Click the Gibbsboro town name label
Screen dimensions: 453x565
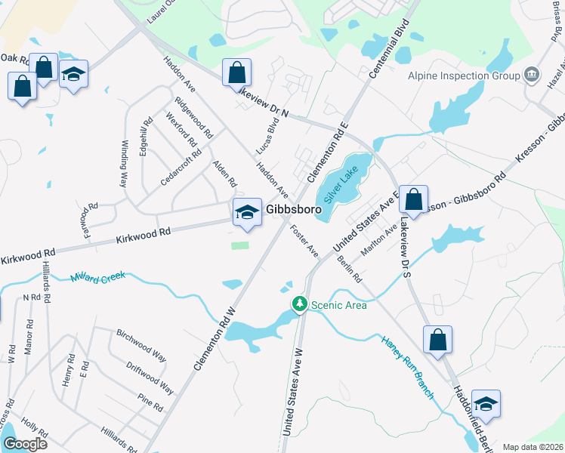293,209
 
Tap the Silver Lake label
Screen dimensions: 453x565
341,184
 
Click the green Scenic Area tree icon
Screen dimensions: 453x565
300,304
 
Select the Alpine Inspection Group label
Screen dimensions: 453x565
463,75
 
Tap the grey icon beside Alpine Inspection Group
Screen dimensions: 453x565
532,75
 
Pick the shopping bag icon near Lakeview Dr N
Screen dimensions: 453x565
236,72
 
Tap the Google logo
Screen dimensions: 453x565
25,444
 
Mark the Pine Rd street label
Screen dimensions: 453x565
150,402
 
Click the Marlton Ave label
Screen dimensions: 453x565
380,239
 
